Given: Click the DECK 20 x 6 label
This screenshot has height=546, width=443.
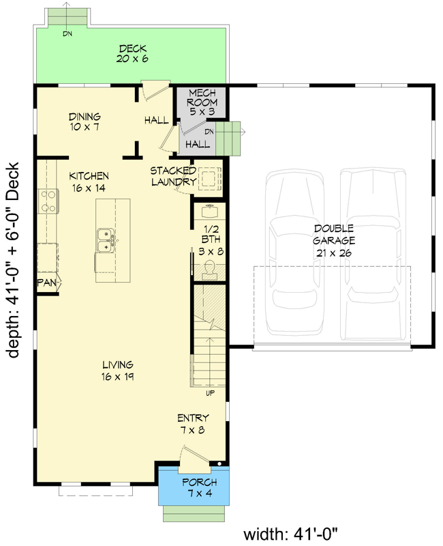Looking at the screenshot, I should [x=133, y=53].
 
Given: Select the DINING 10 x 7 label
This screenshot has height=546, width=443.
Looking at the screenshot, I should [x=85, y=121].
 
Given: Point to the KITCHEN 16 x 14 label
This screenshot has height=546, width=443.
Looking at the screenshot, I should [x=89, y=181].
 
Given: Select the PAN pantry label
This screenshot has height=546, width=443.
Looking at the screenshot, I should [x=46, y=282].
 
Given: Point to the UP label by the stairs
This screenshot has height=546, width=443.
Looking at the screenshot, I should [x=210, y=393].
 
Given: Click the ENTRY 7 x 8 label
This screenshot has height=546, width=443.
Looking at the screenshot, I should [x=193, y=424].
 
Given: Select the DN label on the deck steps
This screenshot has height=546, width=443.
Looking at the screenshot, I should [x=67, y=33].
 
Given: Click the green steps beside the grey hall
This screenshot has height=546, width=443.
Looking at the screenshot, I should [x=232, y=138].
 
